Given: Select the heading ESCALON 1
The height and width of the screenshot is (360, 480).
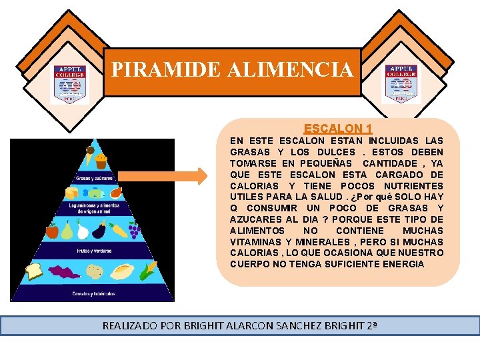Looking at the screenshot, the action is click(x=338, y=128).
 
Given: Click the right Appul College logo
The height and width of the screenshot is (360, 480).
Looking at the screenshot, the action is click(x=401, y=84).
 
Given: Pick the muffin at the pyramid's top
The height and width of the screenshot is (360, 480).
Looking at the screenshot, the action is click(x=101, y=160).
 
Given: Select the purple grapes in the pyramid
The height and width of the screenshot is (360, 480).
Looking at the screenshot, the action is click(x=134, y=231).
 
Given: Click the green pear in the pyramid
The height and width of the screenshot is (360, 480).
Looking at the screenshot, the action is click(x=67, y=230).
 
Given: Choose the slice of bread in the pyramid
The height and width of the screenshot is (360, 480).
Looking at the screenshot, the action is click(x=35, y=271).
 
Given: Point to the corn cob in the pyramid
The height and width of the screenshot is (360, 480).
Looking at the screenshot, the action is click(x=150, y=271).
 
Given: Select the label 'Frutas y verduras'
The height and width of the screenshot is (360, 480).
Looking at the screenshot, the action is click(x=93, y=252).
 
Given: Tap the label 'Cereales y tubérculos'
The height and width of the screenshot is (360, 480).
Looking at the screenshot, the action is click(x=93, y=293).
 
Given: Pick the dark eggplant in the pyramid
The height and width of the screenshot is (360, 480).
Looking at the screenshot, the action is click(x=100, y=231).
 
